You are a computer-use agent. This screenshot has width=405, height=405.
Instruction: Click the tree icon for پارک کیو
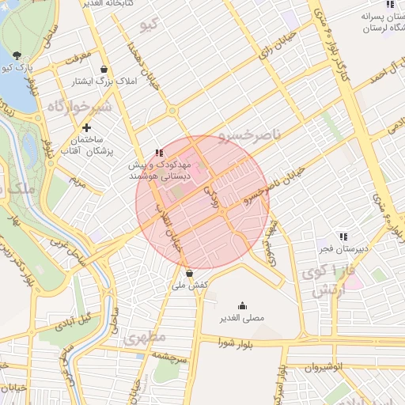pyautogui.click(x=17, y=55)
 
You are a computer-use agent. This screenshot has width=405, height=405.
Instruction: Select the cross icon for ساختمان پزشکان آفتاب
pyautogui.click(x=87, y=127)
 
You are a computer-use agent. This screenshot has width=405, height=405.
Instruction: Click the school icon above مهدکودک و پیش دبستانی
pyautogui.click(x=159, y=152)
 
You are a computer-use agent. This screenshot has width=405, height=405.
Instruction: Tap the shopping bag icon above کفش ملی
pyautogui.click(x=188, y=273)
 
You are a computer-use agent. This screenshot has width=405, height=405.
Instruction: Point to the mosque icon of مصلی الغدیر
pyautogui.click(x=242, y=306)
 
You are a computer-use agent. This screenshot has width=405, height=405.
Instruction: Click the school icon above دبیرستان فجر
pyautogui.click(x=343, y=236)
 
